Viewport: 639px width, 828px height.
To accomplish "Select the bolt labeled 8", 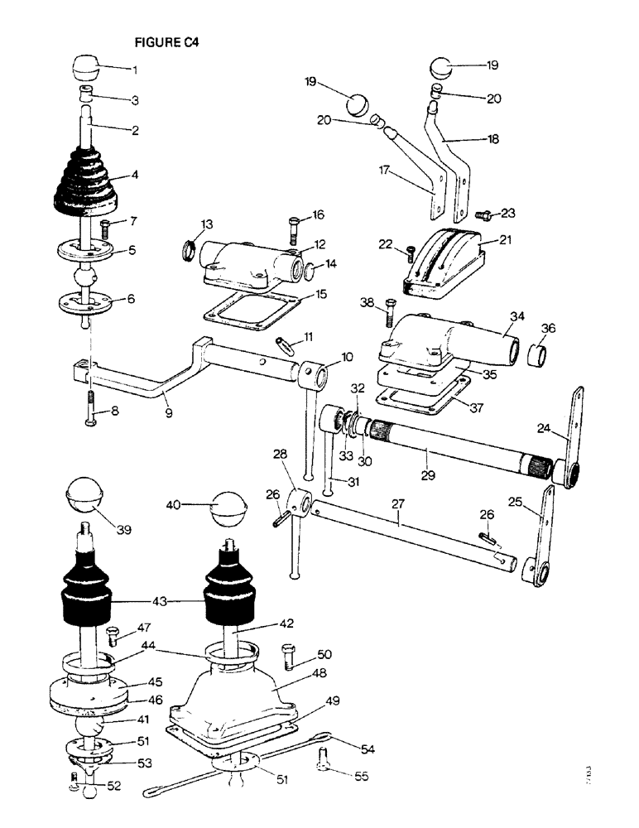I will tap(88, 412).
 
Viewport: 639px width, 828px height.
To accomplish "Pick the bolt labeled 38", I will tap(389, 314).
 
